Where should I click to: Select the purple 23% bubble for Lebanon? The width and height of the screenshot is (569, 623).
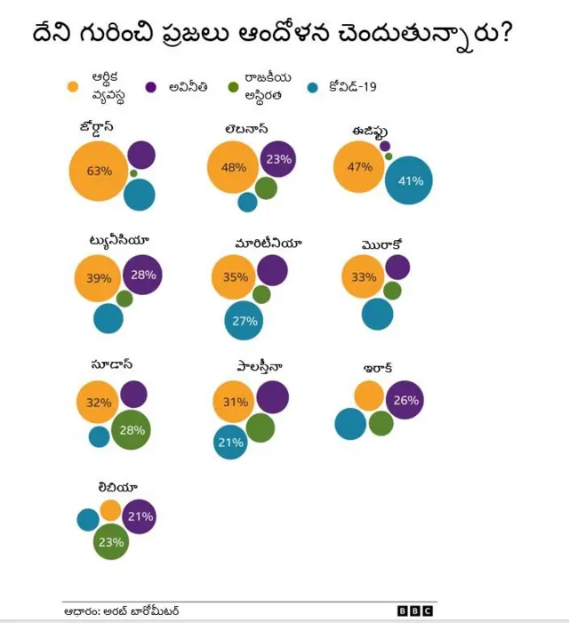[x=278, y=159]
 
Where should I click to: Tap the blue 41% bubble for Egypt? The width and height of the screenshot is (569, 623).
[x=410, y=180]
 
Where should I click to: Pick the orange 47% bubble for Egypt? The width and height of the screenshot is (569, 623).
[x=360, y=167]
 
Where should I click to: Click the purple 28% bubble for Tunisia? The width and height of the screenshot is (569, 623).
[x=143, y=275]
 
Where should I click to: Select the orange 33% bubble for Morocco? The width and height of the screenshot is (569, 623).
[x=364, y=277]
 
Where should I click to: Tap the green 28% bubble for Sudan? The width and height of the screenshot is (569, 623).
[x=132, y=430]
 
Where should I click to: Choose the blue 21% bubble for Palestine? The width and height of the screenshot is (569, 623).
[x=230, y=443]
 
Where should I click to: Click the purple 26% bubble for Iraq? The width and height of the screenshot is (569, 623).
[x=405, y=401]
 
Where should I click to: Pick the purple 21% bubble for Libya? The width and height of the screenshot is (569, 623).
[x=140, y=516]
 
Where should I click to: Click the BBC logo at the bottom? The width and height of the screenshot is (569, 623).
[x=415, y=611]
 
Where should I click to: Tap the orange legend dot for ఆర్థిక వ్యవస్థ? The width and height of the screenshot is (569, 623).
[x=74, y=87]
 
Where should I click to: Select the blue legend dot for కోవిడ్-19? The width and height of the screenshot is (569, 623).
[x=311, y=87]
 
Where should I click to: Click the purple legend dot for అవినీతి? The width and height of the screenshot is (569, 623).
[x=150, y=87]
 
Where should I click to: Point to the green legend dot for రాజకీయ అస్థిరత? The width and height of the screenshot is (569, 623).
[x=233, y=87]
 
